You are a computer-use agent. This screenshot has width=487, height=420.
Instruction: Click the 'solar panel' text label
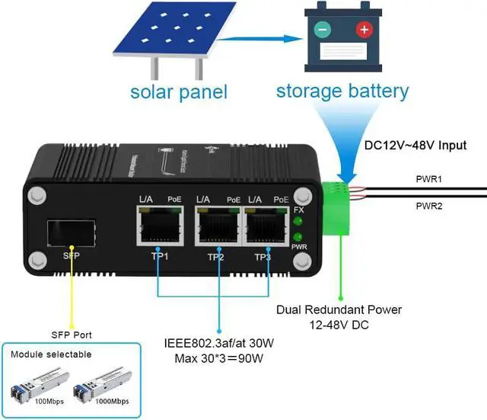tap(179, 93)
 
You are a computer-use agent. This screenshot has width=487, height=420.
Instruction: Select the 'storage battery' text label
tap(342, 91)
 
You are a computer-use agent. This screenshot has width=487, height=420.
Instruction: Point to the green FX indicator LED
tap(299, 223)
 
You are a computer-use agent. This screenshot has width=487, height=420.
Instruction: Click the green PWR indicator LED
tap(299, 237)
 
